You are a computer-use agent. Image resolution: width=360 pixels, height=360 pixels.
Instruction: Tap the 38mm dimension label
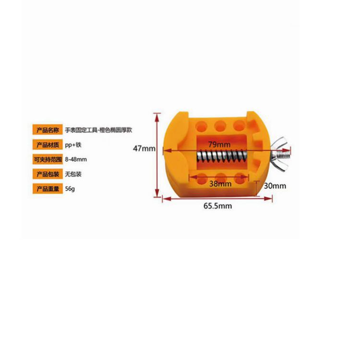pos(221,183)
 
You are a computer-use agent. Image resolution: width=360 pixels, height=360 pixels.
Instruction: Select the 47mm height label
pos(144,149)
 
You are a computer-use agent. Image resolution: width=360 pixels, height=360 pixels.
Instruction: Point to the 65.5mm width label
pos(217,206)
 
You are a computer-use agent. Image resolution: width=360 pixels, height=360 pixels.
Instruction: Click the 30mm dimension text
pos(275,186)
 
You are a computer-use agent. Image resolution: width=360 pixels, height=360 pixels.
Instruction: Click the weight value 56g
pos(70,189)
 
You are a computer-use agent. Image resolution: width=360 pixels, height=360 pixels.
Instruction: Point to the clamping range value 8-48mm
pos(75,159)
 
